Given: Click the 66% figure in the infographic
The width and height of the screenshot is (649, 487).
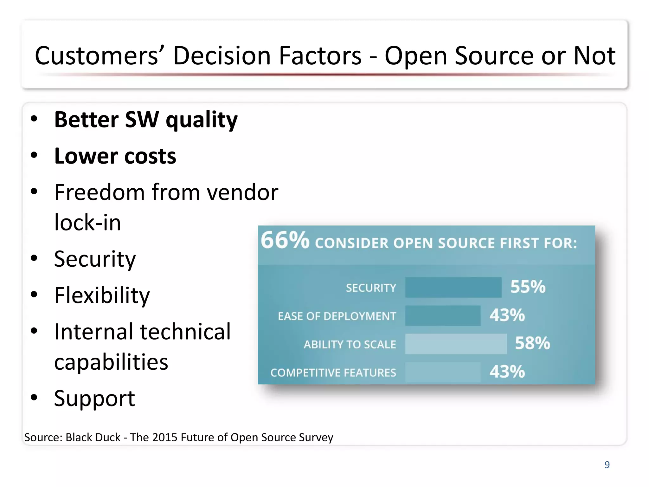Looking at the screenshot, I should (285, 240).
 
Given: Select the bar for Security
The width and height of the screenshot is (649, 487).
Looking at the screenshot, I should (453, 287).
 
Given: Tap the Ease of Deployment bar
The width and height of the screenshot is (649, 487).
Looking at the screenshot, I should (443, 315).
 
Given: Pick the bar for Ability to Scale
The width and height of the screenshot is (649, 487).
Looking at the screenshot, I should (456, 344).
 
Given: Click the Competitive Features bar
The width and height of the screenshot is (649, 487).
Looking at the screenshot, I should (443, 372).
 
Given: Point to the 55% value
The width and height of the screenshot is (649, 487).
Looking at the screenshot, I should (528, 287).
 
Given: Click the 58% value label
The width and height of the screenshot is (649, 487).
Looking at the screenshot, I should (532, 343).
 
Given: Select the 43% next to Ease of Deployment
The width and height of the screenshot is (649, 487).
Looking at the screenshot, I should (507, 315).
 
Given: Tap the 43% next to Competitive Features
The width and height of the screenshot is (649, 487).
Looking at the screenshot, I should (507, 372).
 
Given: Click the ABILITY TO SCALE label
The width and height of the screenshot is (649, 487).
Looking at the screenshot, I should (350, 344).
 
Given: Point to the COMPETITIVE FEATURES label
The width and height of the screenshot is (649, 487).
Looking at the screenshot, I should (333, 373).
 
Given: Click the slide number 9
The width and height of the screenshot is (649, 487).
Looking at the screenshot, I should (607, 464).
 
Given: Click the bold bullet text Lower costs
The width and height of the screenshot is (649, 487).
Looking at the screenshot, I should (115, 156).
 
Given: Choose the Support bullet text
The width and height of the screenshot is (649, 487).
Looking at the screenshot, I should (94, 398).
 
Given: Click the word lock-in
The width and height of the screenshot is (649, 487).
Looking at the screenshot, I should (87, 223).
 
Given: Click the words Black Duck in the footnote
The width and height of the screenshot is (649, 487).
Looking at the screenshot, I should (93, 438).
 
